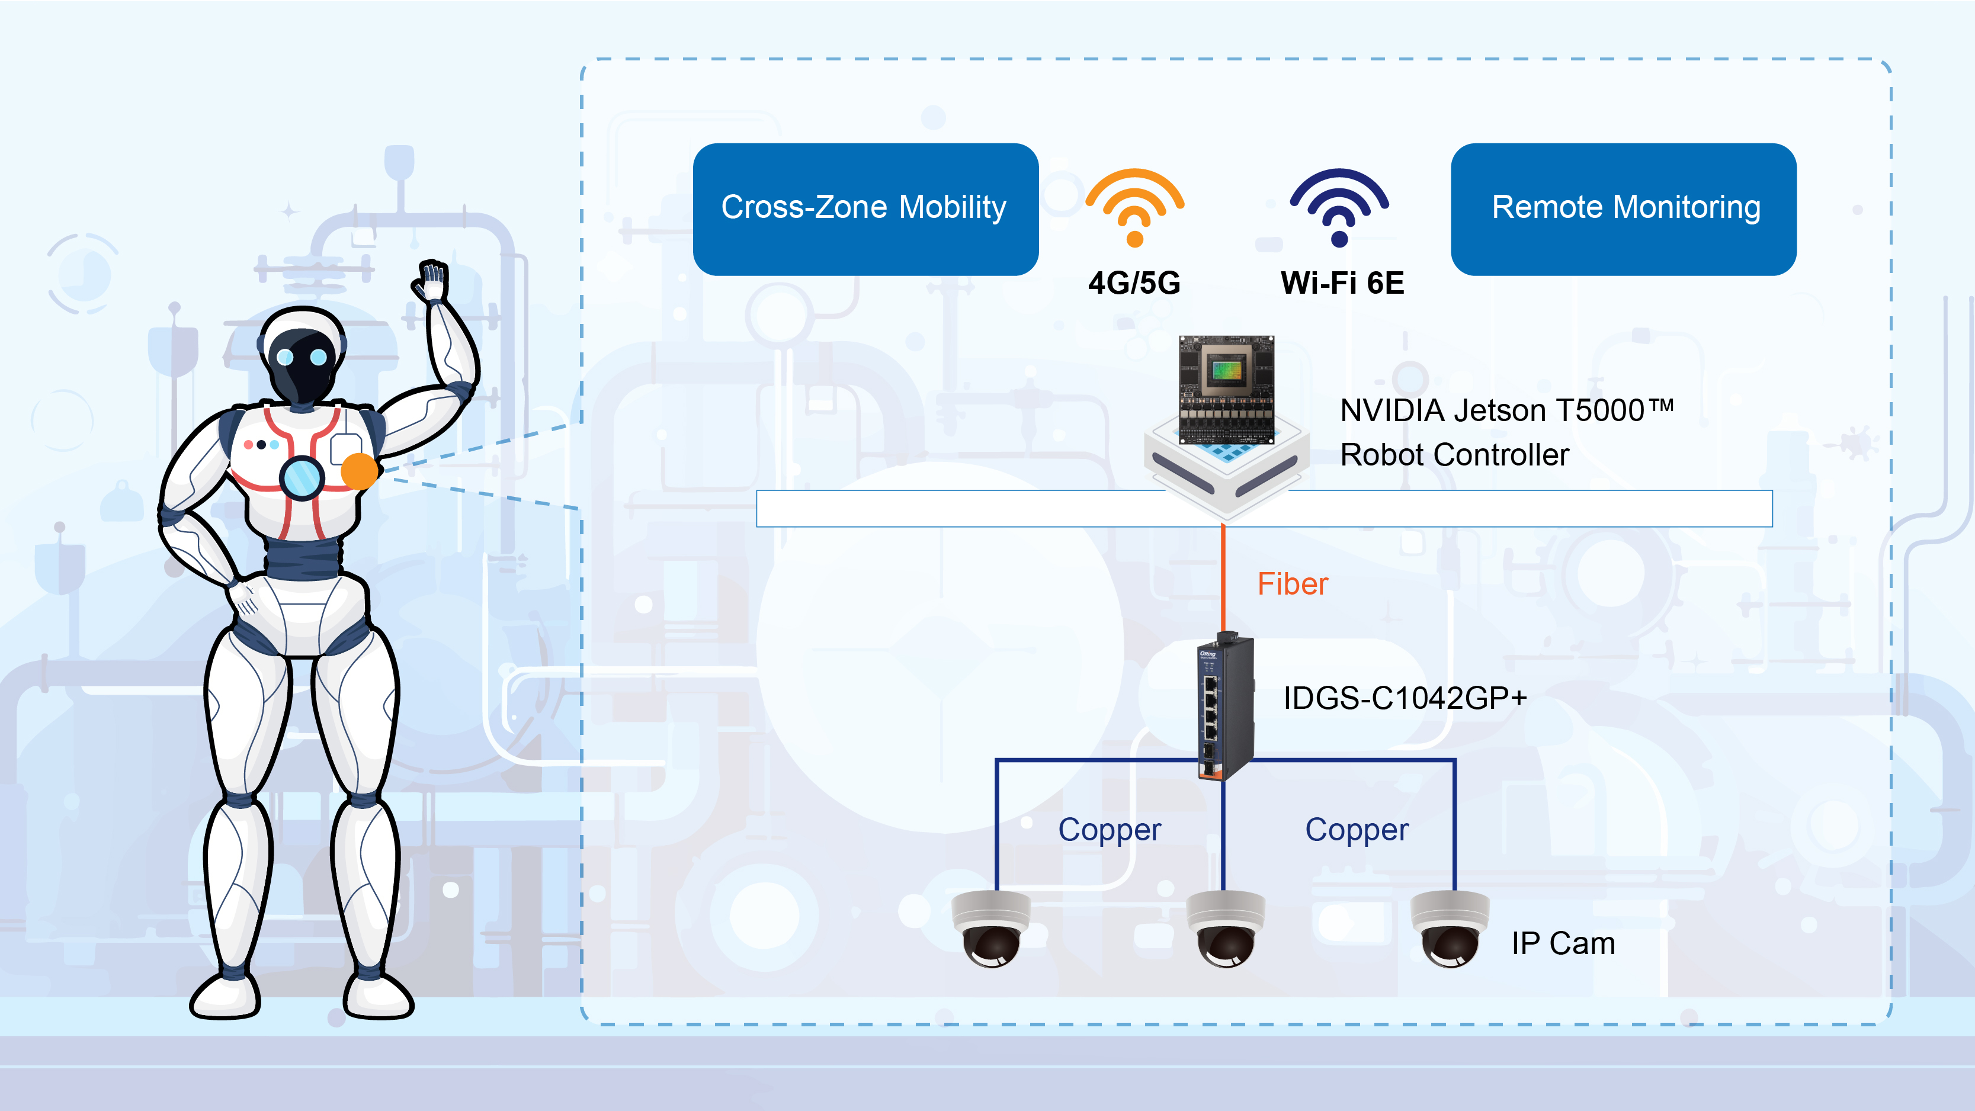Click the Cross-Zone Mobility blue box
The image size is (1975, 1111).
(x=865, y=208)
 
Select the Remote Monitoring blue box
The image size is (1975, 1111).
(x=1623, y=208)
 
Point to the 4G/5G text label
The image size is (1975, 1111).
(x=1134, y=283)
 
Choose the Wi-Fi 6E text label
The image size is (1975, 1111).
(x=1342, y=283)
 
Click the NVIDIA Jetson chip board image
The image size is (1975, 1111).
(x=1226, y=391)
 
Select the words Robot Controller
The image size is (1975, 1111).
(x=1454, y=455)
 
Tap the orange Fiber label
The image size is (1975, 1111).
(x=1292, y=585)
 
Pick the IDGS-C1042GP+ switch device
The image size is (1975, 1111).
(x=1225, y=705)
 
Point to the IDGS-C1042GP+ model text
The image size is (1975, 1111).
(x=1405, y=698)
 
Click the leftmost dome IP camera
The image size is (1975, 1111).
(x=991, y=929)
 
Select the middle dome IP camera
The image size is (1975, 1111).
(x=1225, y=929)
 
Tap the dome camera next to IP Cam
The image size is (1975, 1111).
(x=1450, y=929)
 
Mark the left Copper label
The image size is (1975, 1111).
(x=1110, y=830)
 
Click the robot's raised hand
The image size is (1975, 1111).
(x=432, y=281)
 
